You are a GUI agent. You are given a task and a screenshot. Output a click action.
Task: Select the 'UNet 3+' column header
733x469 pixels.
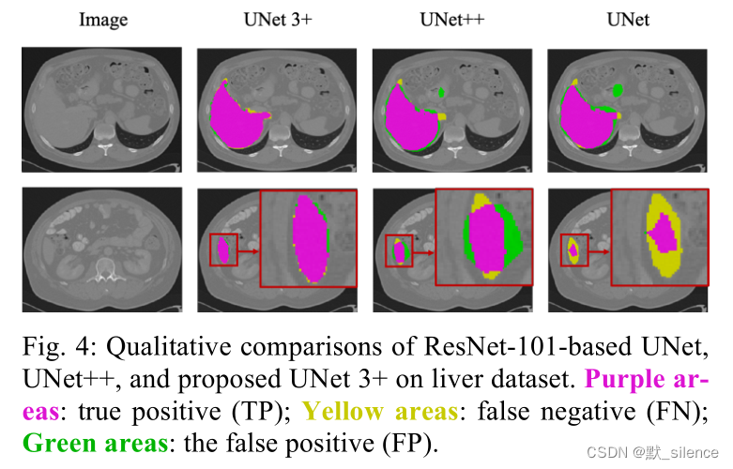(x=275, y=19)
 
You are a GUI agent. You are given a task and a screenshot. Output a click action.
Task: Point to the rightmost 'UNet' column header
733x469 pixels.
(x=626, y=19)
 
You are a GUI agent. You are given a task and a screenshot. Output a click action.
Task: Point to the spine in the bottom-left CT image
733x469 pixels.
(x=101, y=272)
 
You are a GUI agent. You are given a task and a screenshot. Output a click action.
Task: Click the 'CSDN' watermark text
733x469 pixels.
(x=603, y=452)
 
